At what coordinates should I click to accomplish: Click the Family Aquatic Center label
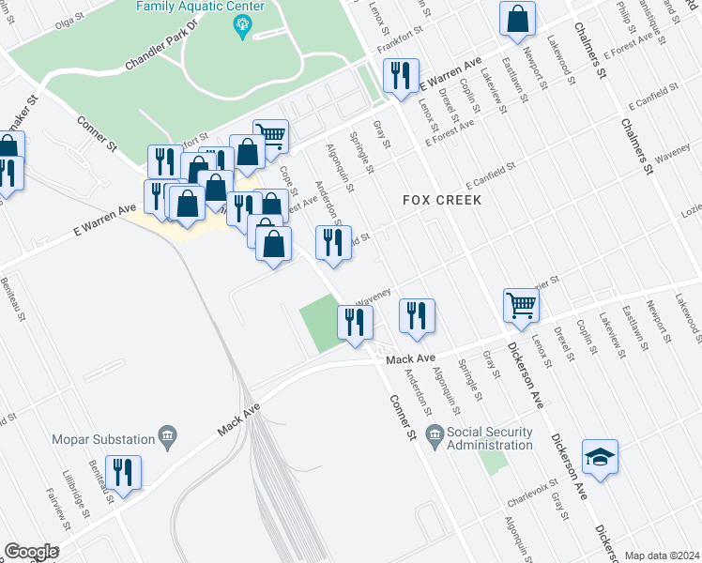pos(199,7)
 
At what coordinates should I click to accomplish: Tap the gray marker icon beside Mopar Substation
pos(168,435)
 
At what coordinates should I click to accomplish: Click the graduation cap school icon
pos(600,457)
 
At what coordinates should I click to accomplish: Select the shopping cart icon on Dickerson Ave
pos(520,304)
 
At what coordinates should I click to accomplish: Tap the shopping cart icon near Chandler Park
pos(270,136)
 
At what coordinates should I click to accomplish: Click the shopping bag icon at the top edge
pos(517,19)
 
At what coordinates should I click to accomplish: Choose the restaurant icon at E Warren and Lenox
pos(401,75)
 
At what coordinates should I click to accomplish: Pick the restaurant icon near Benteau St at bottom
pos(123,471)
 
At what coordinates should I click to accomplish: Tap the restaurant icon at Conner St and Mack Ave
pos(355,323)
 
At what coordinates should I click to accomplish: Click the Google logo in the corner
pos(30,552)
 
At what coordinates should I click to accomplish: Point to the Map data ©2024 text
pos(661,555)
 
